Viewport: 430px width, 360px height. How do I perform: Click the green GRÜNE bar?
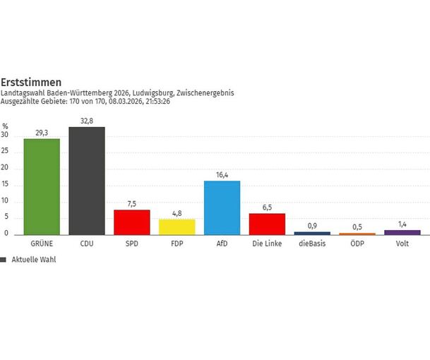coord(41,186)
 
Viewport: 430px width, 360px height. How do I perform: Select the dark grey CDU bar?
coord(86,181)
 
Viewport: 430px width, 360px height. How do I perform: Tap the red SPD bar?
coord(131,222)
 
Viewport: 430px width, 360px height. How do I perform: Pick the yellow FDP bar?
coord(177,227)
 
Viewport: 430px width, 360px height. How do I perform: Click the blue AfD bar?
coord(222,208)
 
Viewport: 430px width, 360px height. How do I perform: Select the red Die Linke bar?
coord(267,224)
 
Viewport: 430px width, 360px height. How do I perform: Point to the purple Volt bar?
coord(402,232)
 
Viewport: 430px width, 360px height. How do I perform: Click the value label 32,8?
coord(86,121)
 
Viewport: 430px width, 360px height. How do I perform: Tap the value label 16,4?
coord(222,174)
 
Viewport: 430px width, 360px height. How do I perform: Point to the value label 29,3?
coord(41,132)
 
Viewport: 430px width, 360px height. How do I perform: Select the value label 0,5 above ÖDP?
coord(357,227)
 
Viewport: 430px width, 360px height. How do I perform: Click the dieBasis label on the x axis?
coord(312,244)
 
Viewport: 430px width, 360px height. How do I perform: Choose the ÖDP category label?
coord(357,244)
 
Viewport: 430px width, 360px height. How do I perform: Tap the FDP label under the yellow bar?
coord(177,244)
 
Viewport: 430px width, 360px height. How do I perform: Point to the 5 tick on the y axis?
coord(6,217)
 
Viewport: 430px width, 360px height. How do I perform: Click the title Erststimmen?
coord(26,82)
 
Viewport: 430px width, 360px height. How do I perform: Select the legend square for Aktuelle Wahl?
coord(4,260)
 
